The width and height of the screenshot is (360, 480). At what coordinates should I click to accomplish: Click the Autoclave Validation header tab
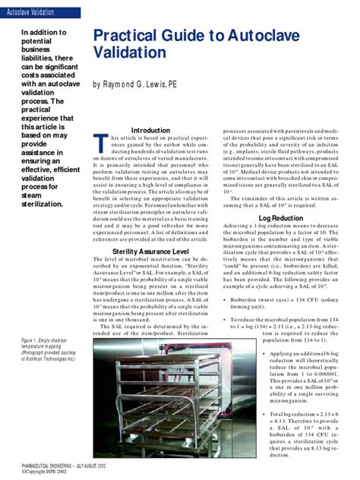[x=31, y=13]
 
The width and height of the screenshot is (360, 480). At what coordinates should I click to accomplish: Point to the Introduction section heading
[x=150, y=130]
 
